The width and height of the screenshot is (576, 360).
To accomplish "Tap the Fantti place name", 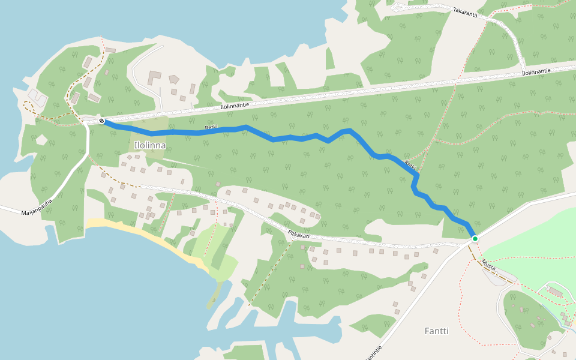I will (436, 331).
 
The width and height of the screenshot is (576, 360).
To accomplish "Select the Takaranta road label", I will (466, 12).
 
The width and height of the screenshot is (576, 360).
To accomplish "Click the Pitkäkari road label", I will (298, 235).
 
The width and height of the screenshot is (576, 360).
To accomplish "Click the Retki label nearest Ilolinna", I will (211, 128).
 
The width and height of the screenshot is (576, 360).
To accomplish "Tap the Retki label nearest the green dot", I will (410, 165).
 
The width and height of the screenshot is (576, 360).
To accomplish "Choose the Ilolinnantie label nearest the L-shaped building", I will (235, 104).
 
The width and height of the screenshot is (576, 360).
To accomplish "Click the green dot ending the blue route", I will (475, 239).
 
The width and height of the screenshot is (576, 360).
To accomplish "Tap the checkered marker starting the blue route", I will (102, 121).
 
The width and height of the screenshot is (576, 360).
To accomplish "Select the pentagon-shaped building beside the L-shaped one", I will (174, 79).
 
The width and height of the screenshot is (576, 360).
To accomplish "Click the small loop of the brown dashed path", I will (28, 107).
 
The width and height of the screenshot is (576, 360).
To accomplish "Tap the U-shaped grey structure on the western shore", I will (37, 96).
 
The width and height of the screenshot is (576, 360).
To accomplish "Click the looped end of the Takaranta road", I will (398, 7).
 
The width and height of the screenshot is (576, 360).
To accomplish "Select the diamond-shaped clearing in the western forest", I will (41, 140).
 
